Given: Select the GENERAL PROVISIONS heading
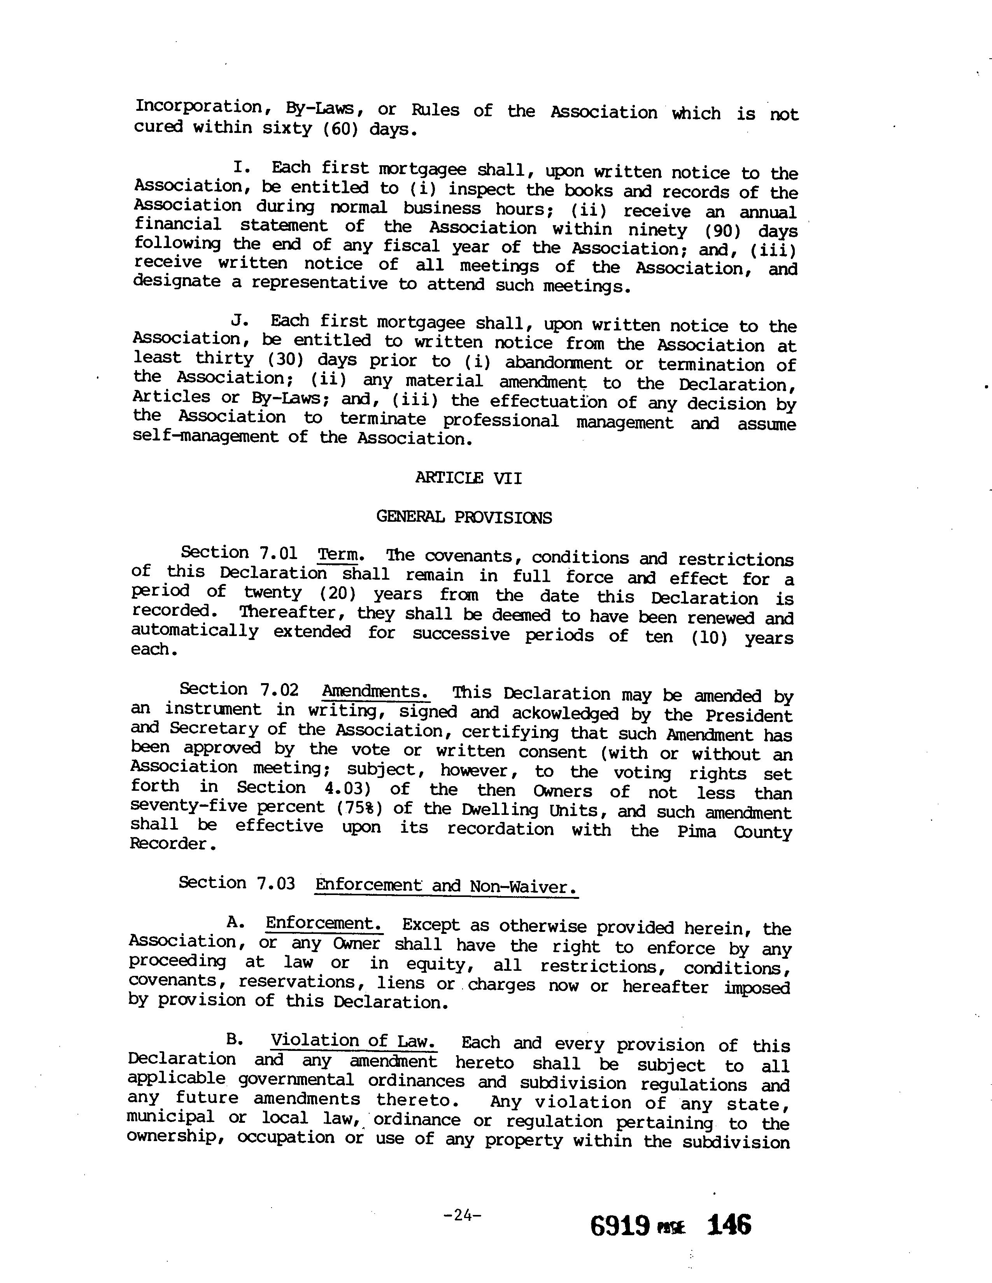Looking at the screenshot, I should coord(464,517).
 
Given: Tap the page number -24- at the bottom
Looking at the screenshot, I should coord(463,1215).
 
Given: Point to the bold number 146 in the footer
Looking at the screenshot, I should coord(729,1225).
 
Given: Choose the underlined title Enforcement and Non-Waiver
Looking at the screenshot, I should coord(446,885).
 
